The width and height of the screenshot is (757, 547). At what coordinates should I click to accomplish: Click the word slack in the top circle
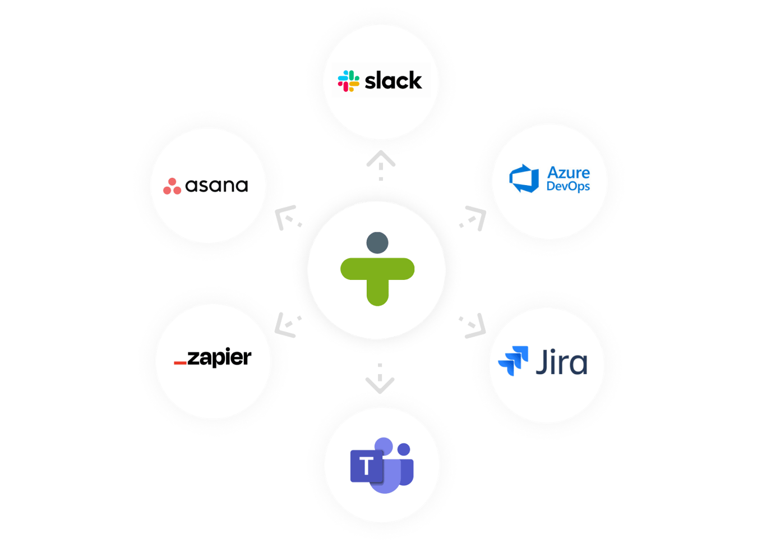tap(393, 81)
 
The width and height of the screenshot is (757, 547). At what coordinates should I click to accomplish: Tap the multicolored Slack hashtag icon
tap(348, 81)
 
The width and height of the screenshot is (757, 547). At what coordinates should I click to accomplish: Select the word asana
tap(216, 186)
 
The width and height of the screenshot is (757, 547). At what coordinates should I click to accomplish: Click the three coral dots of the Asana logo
tap(172, 186)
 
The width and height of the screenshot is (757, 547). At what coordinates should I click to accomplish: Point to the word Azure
tap(568, 172)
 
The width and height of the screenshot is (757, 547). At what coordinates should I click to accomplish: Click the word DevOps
tap(567, 186)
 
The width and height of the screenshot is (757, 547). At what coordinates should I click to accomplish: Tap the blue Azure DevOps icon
tap(524, 179)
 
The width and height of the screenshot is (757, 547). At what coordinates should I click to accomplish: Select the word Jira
tap(561, 362)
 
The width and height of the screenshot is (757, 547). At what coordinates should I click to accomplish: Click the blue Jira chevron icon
tap(514, 360)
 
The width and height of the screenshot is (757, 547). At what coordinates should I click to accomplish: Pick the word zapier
tap(219, 358)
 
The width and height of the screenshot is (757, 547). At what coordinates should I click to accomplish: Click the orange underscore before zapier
tap(180, 364)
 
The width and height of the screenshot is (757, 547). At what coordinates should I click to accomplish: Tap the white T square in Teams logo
tap(366, 466)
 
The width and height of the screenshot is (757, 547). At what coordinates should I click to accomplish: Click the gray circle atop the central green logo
tap(377, 242)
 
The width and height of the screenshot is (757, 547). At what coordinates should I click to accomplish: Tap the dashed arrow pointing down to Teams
tap(380, 378)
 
